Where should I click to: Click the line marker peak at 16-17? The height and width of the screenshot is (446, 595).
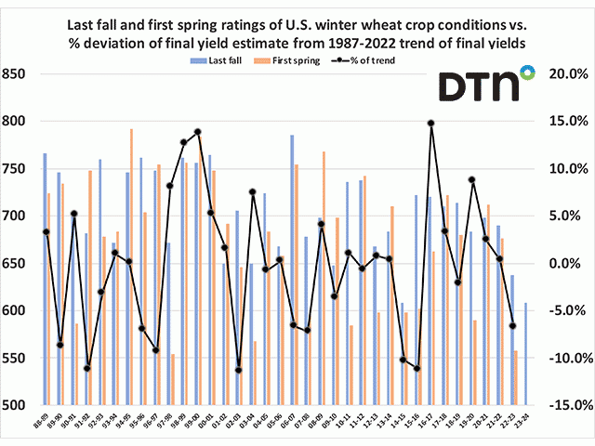431,123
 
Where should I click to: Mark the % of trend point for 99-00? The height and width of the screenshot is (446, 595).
198,132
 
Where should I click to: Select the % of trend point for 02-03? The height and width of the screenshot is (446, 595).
238,370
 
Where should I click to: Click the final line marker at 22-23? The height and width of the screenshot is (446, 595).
512,325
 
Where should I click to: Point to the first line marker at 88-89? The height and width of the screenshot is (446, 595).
46,231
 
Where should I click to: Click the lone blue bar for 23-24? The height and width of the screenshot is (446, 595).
525,354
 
